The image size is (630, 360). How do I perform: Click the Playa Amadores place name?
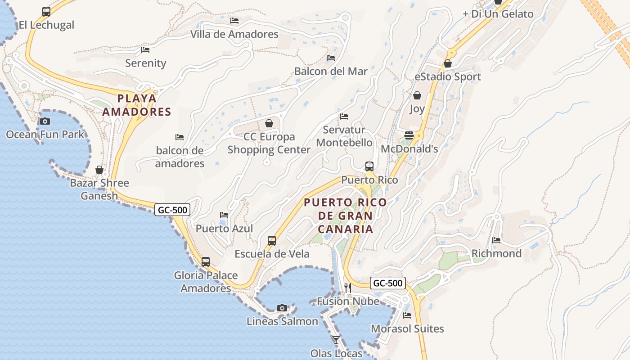coord(137,105)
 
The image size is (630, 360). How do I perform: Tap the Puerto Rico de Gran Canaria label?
coord(346,216)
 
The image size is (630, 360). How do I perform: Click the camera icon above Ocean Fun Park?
coord(45,121)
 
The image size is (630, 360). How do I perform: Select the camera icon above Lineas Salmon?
coord(282,308)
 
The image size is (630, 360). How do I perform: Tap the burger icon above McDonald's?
coord(409,135)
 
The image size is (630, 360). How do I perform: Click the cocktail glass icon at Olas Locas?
coord(336,340)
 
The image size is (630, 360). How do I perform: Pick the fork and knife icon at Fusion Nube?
coord(347,288)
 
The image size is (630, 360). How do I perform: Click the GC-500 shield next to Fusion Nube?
coord(388,283)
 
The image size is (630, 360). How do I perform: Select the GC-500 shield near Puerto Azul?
coord(172,209)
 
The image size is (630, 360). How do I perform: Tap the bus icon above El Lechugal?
coord(46,11)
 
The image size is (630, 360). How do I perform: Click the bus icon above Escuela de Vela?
coord(272,240)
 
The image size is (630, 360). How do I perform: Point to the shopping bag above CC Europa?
coord(269,123)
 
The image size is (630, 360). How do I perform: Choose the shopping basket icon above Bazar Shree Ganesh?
coord(99,170)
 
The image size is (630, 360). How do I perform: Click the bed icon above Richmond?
coord(496,240)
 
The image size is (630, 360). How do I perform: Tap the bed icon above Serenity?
coord(145,49)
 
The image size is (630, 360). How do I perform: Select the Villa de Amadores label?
coord(234,34)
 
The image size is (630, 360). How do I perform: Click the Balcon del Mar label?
coord(331,71)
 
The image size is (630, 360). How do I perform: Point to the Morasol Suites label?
coord(407,328)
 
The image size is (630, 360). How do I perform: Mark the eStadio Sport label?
coord(448,76)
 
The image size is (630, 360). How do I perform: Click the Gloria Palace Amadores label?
coord(206,281)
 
